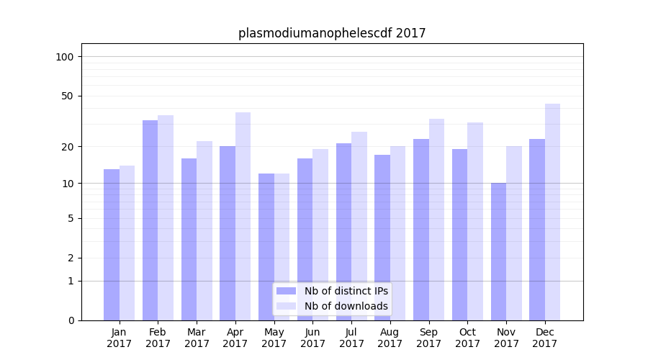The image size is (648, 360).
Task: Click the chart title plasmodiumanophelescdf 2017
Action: click(x=332, y=33)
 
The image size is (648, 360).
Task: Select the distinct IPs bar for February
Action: click(x=150, y=220)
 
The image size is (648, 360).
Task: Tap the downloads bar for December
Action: click(x=552, y=212)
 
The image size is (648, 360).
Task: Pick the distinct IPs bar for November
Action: click(x=498, y=251)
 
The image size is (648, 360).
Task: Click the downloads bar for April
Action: click(x=243, y=216)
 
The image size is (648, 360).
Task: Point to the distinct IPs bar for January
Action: click(x=112, y=245)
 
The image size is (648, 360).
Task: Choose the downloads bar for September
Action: click(x=436, y=220)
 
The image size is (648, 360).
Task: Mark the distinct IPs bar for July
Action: click(x=343, y=231)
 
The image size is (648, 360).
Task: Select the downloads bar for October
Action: click(x=475, y=221)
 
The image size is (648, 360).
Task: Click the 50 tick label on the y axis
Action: click(x=68, y=96)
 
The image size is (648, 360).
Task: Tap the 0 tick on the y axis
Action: click(x=71, y=320)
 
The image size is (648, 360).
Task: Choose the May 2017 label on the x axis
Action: click(x=274, y=338)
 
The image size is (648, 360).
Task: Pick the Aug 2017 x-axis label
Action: click(x=390, y=338)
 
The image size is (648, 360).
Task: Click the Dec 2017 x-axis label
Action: click(x=545, y=338)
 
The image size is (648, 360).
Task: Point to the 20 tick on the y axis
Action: click(x=68, y=147)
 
